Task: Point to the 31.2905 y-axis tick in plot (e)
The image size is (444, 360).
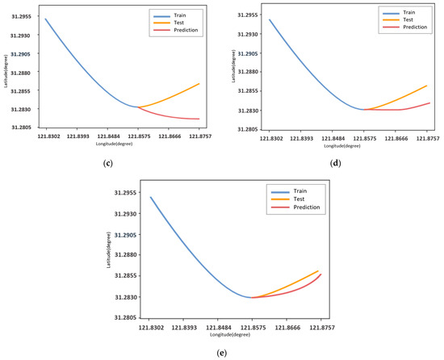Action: click(129, 235)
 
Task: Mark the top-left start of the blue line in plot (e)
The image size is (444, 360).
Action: click(150, 197)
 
